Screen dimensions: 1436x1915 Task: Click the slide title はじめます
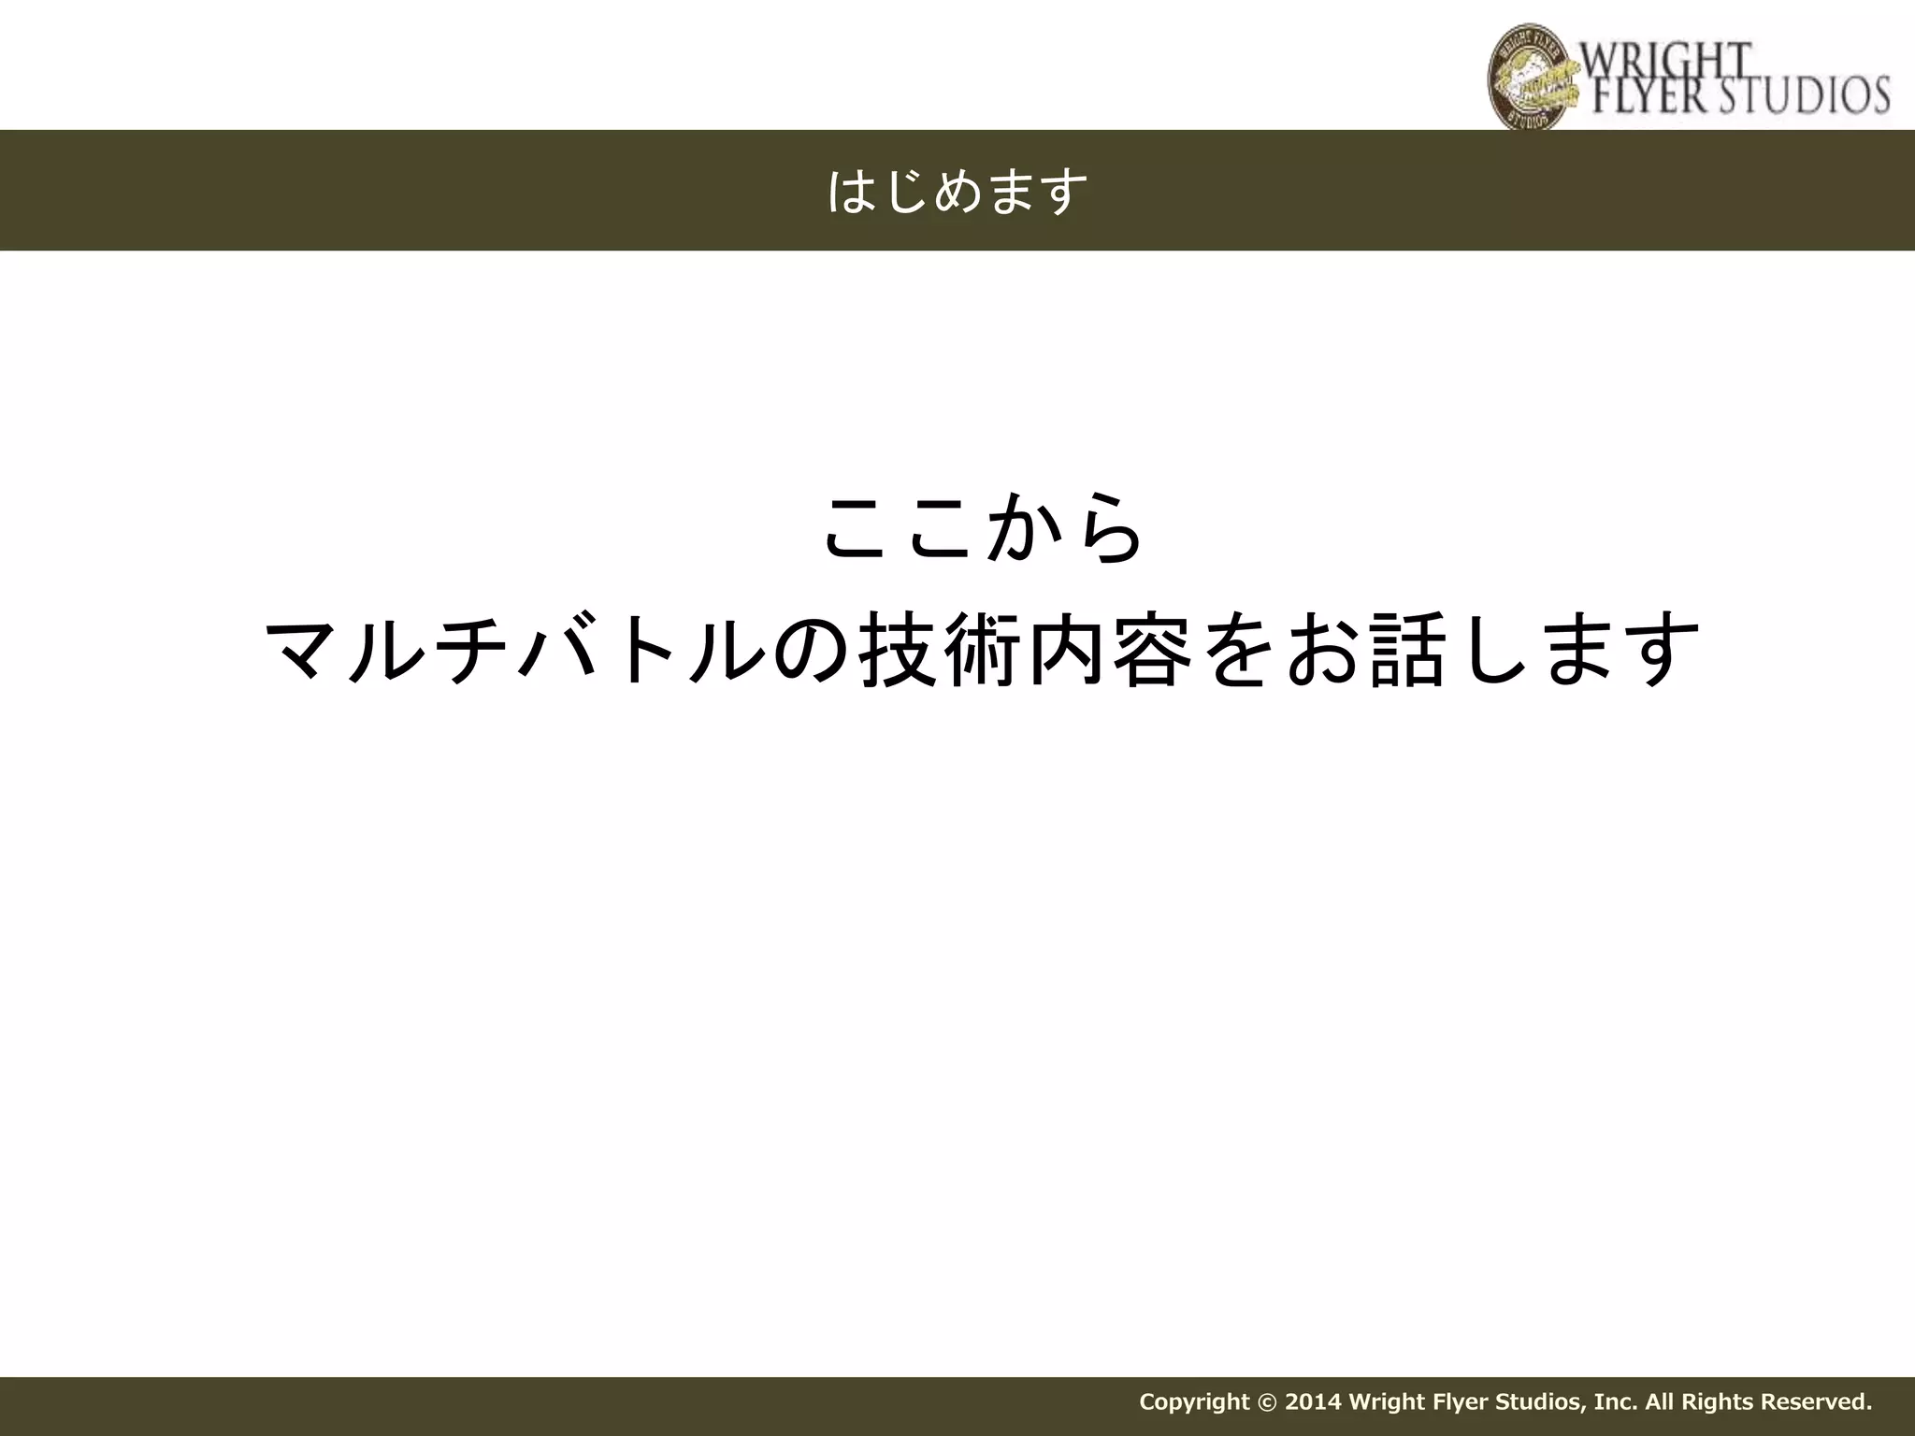click(957, 192)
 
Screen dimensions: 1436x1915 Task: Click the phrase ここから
click(982, 529)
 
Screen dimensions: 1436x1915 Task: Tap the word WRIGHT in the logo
click(1664, 62)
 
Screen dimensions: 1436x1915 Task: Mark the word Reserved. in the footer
click(1817, 1402)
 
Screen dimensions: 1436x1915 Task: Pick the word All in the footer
click(1659, 1402)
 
